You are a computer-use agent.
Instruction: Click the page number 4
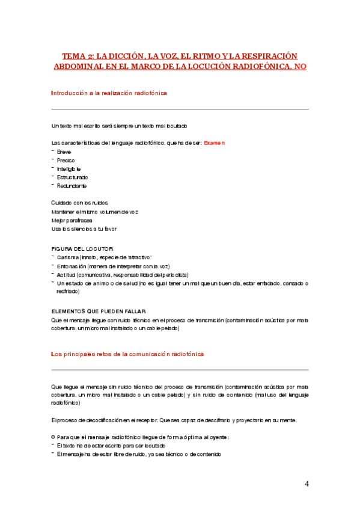click(307, 484)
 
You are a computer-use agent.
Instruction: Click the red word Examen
click(215, 143)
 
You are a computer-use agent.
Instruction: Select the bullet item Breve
click(64, 152)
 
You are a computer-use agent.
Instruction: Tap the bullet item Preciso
click(66, 161)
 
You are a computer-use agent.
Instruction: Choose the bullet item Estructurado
click(72, 177)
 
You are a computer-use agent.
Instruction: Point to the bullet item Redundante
click(72, 186)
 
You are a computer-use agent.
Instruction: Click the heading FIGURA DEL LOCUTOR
click(82, 248)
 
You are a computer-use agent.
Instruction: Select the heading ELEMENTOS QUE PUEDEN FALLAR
click(97, 311)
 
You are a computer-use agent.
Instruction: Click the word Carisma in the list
click(67, 257)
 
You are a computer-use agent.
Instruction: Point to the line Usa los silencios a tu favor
click(84, 229)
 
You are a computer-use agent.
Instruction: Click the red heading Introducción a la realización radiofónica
click(109, 93)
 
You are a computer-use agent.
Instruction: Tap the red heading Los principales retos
click(127, 354)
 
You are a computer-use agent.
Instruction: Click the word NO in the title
click(299, 66)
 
